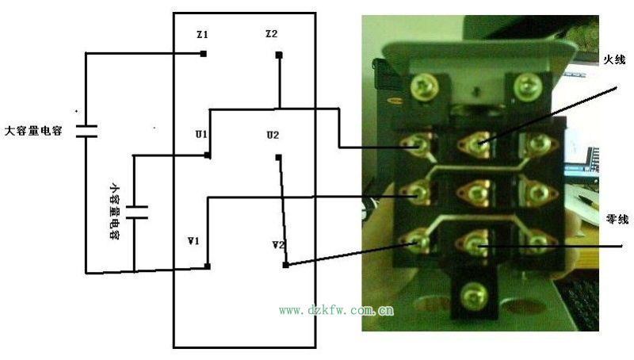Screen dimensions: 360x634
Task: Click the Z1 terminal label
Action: [201, 36]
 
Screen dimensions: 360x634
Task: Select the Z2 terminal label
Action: [271, 34]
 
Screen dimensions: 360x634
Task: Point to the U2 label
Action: [273, 136]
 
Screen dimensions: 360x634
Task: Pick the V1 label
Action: [193, 240]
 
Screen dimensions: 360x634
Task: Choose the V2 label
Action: [277, 245]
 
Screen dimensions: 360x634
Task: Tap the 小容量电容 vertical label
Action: [115, 212]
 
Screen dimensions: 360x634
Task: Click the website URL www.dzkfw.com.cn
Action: [336, 311]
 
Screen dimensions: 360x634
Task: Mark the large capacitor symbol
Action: [86, 129]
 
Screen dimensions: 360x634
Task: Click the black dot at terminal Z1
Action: [204, 54]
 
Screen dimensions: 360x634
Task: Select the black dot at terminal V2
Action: [285, 265]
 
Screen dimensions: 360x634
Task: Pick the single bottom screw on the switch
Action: [475, 292]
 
